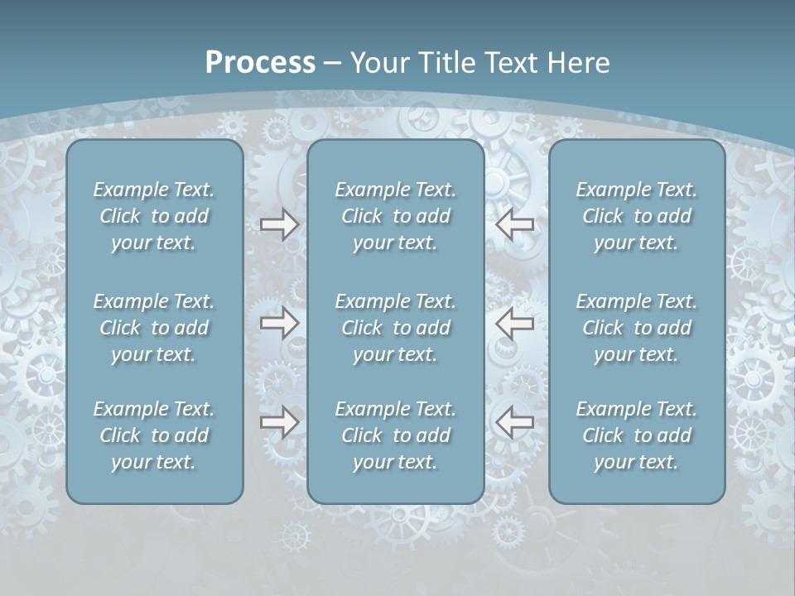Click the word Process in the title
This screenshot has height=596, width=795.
(x=260, y=63)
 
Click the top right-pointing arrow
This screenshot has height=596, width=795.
(x=279, y=224)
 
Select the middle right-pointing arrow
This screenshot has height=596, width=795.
(x=279, y=323)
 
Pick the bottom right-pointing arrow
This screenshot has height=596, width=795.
(x=279, y=422)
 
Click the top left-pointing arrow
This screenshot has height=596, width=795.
(x=515, y=224)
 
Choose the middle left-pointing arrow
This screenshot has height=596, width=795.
(x=515, y=323)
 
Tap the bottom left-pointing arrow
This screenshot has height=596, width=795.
(x=515, y=422)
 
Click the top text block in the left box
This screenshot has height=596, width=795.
(x=154, y=216)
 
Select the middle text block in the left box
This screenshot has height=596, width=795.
(x=154, y=328)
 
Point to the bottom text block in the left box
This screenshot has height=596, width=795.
(x=154, y=435)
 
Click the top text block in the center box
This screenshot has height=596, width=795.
(x=395, y=216)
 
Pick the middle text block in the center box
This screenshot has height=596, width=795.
(x=395, y=328)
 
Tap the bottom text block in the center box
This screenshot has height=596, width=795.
(x=395, y=435)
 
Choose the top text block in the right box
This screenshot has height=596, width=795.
(x=636, y=216)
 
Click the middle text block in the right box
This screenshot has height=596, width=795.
(x=636, y=328)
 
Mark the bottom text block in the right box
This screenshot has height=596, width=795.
(x=636, y=435)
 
